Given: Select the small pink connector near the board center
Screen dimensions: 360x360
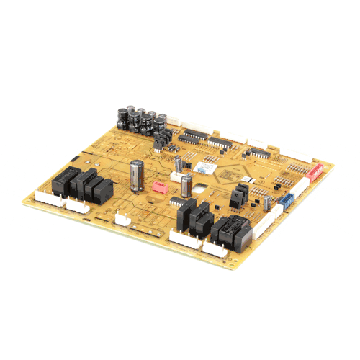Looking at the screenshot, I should (161, 186).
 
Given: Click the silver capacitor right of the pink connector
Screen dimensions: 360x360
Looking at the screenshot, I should (186, 184).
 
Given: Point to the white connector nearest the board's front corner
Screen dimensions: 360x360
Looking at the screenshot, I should (216, 249).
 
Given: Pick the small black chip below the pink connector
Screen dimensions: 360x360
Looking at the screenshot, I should (175, 204).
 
